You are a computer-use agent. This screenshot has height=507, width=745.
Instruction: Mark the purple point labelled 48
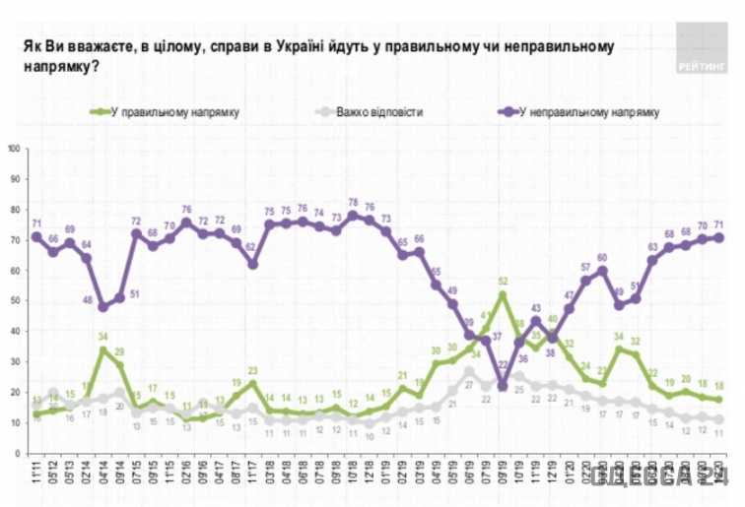(102, 307)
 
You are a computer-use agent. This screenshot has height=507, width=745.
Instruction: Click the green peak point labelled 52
(503, 294)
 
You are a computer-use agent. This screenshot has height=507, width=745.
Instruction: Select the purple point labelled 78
(353, 216)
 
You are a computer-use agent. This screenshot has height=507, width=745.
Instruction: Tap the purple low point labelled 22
(503, 386)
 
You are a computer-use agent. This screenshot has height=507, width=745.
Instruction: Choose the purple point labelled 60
(602, 271)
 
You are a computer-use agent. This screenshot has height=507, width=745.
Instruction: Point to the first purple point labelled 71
(36, 237)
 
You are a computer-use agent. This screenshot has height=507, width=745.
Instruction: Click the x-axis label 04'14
(102, 454)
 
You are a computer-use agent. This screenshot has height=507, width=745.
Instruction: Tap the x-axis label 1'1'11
(34, 454)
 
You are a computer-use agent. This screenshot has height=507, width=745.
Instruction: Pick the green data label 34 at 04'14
(102, 337)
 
